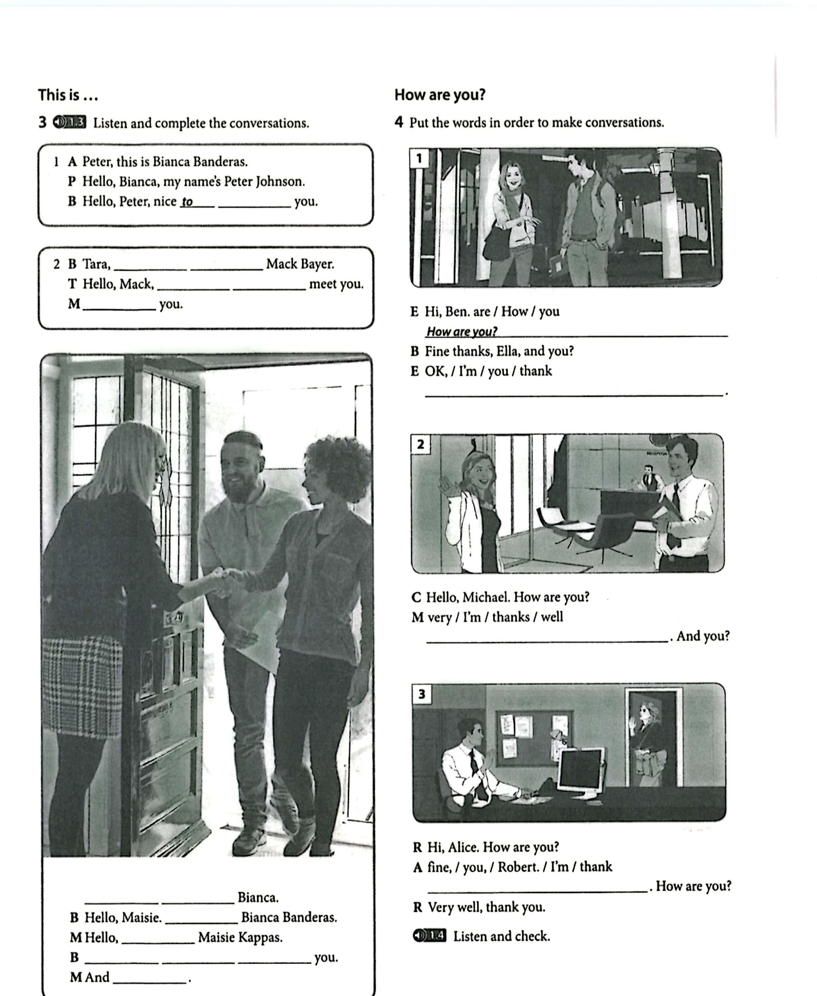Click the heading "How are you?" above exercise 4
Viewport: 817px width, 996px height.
point(440,95)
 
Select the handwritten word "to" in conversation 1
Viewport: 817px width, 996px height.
point(187,202)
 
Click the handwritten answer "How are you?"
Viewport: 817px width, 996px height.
point(461,332)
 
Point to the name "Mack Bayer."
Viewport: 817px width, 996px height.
point(300,264)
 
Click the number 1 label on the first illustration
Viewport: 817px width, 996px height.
point(418,159)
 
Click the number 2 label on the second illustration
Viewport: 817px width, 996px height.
point(420,444)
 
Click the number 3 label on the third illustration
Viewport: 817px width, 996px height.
point(421,694)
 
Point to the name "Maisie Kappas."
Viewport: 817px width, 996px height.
point(240,937)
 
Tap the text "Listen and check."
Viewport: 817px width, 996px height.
point(501,936)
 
